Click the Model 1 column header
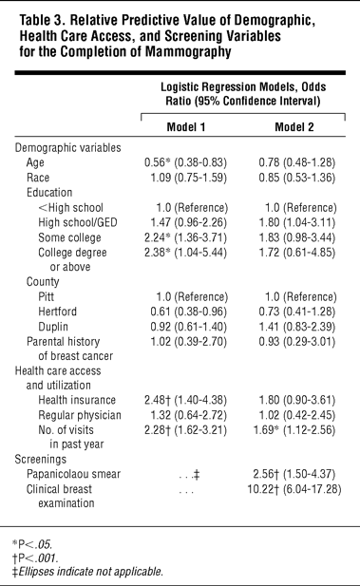pyautogui.click(x=186, y=127)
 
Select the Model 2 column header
pyautogui.click(x=294, y=127)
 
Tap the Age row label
pyautogui.click(x=35, y=162)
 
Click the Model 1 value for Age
pyautogui.click(x=185, y=162)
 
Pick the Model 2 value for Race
pyautogui.click(x=296, y=178)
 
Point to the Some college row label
pyautogui.click(x=69, y=237)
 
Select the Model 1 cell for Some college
pyautogui.click(x=185, y=237)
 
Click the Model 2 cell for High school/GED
pyautogui.click(x=296, y=223)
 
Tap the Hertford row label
pyautogui.click(x=58, y=312)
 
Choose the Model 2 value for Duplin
pyautogui.click(x=296, y=327)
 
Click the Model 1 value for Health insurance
pyautogui.click(x=185, y=400)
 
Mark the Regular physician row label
pyautogui.click(x=80, y=415)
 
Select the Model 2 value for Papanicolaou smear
pyautogui.click(x=294, y=474)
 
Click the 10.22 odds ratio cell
pyautogui.click(x=294, y=489)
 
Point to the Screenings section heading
pyautogui.click(x=41, y=460)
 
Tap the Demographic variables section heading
pyautogui.click(x=67, y=148)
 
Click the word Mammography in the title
pyautogui.click(x=188, y=51)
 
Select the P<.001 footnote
pyautogui.click(x=35, y=558)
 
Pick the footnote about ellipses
pyautogui.click(x=87, y=572)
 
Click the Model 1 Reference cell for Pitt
pyautogui.click(x=192, y=297)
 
